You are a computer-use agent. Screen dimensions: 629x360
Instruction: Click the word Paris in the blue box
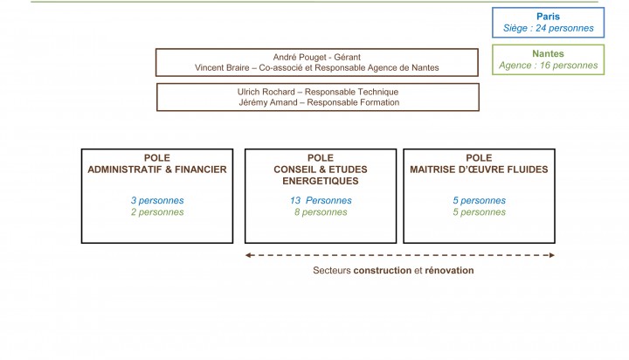(548, 17)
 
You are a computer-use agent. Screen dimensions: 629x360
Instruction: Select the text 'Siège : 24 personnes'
(548, 28)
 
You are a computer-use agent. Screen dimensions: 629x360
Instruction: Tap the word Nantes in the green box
(548, 54)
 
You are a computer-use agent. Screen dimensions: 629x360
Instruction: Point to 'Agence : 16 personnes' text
(548, 66)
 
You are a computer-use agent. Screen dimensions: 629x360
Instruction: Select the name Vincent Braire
(222, 68)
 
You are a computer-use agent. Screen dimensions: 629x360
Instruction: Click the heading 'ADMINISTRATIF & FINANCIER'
(157, 170)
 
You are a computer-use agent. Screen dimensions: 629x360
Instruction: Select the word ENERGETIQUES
(320, 181)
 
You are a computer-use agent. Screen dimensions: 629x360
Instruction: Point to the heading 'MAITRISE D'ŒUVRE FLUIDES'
(479, 170)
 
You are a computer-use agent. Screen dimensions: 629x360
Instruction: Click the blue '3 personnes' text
(157, 200)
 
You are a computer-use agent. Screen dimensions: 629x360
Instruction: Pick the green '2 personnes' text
(157, 212)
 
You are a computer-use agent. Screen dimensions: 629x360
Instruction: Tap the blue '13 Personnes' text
(321, 200)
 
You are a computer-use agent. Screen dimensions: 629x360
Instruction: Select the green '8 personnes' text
(321, 212)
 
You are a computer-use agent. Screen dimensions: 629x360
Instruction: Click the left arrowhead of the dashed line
(248, 255)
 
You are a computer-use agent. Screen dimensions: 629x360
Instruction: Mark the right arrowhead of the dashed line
(551, 255)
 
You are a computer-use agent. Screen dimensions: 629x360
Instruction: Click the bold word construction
(383, 271)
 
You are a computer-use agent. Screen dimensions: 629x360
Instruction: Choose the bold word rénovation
(449, 271)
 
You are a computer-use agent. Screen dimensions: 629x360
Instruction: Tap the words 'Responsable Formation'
(353, 102)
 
